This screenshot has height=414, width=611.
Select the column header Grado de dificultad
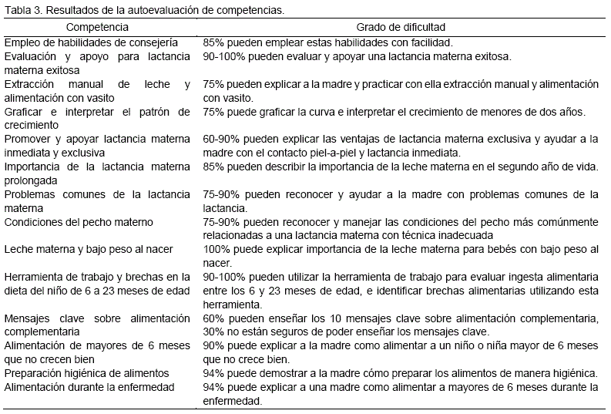[401, 27]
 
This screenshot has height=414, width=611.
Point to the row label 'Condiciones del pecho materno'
[79, 223]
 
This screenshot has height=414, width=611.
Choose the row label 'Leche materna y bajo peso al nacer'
[89, 249]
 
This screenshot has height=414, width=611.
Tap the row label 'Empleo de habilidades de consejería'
[92, 42]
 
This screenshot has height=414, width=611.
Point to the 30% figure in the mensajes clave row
[213, 332]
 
